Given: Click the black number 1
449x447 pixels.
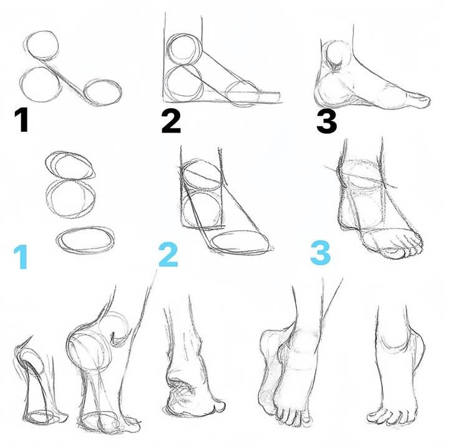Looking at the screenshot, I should pyautogui.click(x=22, y=120).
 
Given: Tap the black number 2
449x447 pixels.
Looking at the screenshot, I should pyautogui.click(x=170, y=120).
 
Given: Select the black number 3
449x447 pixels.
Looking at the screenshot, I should pyautogui.click(x=326, y=120).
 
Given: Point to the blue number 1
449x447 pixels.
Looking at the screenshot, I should pyautogui.click(x=21, y=256).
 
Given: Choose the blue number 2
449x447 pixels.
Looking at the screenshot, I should pyautogui.click(x=168, y=255).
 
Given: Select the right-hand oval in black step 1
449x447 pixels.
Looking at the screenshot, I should pyautogui.click(x=103, y=92).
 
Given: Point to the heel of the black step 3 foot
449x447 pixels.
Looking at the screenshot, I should pyautogui.click(x=326, y=93).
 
